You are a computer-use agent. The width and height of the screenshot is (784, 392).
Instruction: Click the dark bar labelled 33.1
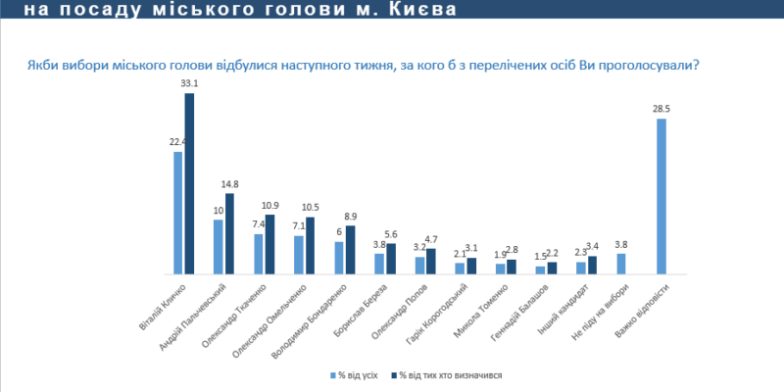pos(189,183)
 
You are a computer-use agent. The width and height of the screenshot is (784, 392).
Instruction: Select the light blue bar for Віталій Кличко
pos(178,213)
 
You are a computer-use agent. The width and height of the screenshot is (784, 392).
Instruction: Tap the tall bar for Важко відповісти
pos(661,196)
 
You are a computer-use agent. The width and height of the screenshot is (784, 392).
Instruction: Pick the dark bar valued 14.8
pos(229,234)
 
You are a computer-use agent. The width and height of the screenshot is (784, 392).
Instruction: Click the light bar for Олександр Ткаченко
pos(259,254)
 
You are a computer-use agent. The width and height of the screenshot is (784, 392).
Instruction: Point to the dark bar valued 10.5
pos(310,245)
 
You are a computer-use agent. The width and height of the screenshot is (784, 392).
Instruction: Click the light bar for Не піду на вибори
pos(621,264)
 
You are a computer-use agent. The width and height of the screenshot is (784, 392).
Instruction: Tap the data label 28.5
pos(661,110)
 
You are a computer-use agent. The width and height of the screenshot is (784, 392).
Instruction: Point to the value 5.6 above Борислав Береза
pos(391,234)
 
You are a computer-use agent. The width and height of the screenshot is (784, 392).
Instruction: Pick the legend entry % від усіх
pos(354,374)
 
